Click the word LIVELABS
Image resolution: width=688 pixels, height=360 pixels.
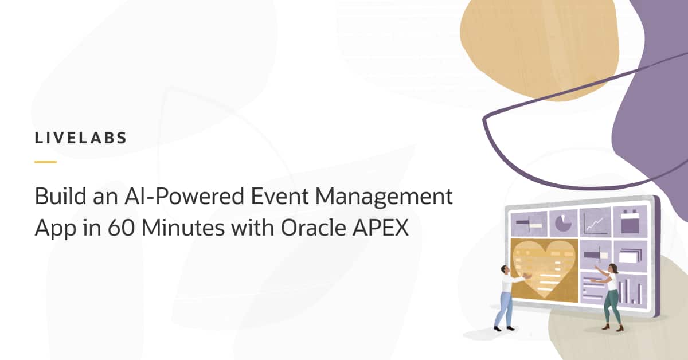pyautogui.click(x=81, y=138)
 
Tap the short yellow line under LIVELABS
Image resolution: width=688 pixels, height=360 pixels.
pyautogui.click(x=45, y=162)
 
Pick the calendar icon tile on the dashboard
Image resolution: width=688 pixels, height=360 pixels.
pyautogui.click(x=630, y=221)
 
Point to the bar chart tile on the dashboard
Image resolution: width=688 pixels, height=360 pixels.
pyautogui.click(x=629, y=289)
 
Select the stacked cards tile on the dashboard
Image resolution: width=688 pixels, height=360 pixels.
pyautogui.click(x=630, y=255)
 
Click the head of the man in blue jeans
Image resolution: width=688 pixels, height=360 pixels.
pyautogui.click(x=504, y=269)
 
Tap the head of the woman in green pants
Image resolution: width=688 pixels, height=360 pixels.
pyautogui.click(x=612, y=268)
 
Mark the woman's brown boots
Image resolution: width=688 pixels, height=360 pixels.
pyautogui.click(x=612, y=327)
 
